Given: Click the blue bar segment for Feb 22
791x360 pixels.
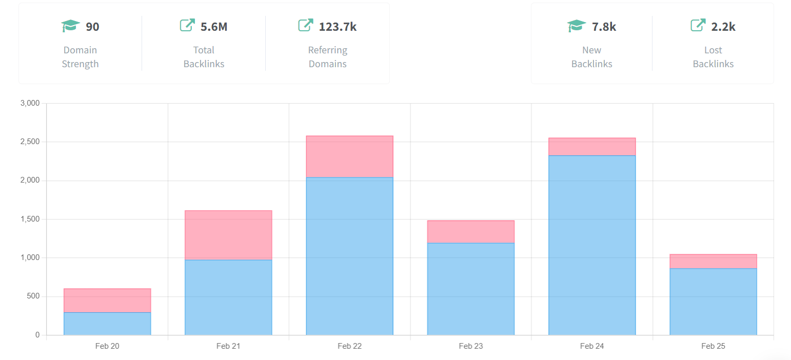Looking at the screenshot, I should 349,256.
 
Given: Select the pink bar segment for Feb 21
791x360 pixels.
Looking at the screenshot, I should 228,235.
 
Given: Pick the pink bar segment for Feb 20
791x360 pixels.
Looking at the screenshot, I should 107,301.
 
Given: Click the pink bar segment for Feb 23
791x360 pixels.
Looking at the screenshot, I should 471,232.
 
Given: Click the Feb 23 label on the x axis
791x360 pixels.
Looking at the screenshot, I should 471,346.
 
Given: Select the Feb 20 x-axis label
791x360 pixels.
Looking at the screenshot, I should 107,346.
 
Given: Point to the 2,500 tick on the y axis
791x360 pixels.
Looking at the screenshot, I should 30,142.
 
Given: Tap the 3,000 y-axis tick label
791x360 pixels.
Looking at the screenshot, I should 30,103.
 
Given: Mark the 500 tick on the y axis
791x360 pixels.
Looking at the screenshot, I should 33,296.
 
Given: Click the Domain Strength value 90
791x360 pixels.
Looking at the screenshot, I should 92,27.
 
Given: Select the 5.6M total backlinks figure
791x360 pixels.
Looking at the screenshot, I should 214,27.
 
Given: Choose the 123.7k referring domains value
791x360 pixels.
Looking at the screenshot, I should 338,27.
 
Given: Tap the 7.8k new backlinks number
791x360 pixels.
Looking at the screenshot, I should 604,27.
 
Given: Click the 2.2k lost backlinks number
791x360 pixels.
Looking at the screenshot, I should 723,27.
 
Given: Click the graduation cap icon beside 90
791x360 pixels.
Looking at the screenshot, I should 71,26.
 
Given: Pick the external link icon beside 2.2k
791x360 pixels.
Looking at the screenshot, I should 698,25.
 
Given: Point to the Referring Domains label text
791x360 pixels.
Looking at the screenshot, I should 328,57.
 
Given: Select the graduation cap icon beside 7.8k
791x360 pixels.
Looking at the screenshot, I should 577,26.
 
